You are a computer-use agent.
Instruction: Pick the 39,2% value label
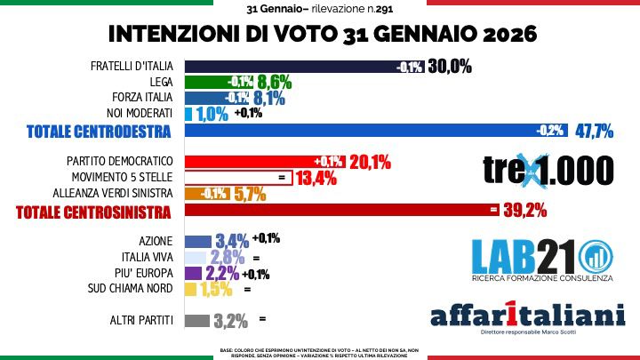click(x=524, y=210)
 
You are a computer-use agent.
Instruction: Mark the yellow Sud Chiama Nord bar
click(x=189, y=289)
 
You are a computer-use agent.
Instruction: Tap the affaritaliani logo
click(x=527, y=316)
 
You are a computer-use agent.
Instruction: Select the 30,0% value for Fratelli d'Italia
click(x=449, y=67)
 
